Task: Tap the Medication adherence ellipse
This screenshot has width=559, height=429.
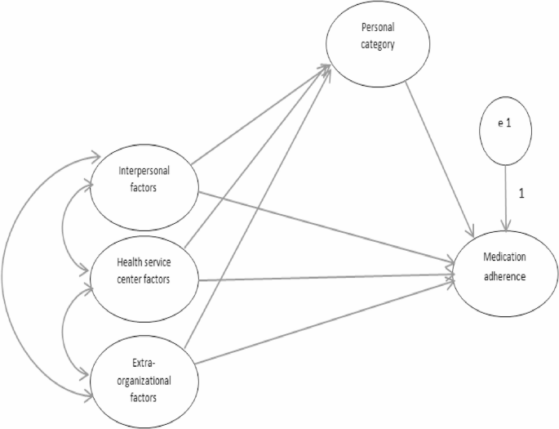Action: pos(503,270)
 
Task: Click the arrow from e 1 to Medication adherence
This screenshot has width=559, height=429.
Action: pos(506,196)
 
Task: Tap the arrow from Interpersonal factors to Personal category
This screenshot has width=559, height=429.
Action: pos(261,115)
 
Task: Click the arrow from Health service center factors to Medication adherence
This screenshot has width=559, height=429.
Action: pos(326,279)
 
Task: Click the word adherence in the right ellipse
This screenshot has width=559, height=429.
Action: pos(503,276)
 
